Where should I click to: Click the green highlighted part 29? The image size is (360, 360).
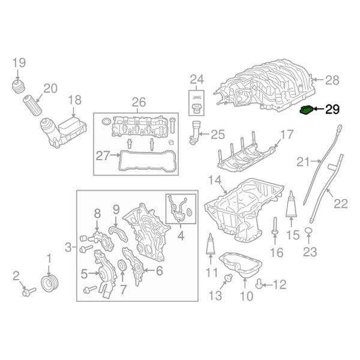click(307, 110)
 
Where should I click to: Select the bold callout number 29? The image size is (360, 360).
click(332, 110)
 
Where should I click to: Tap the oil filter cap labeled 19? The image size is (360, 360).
click(19, 86)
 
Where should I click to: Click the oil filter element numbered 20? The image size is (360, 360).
click(32, 106)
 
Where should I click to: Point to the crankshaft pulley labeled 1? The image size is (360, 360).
click(50, 284)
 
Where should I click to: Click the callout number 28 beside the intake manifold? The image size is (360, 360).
click(332, 80)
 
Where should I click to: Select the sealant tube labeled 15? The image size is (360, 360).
click(292, 204)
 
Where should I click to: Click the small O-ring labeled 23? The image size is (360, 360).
click(309, 230)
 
